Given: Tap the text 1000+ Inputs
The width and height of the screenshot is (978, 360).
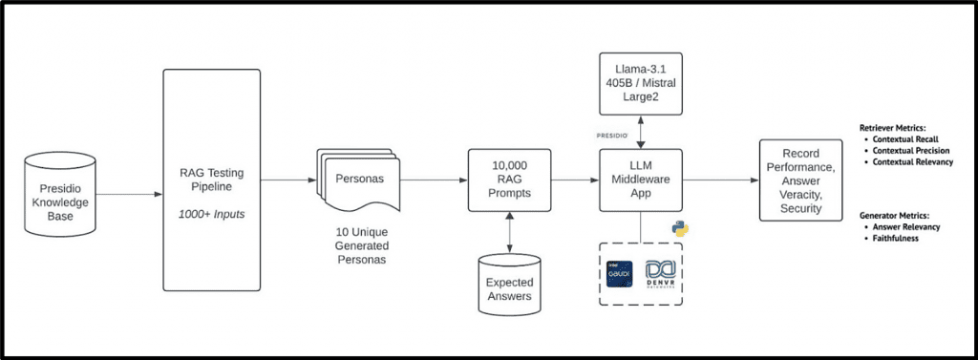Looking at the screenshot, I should click(212, 213).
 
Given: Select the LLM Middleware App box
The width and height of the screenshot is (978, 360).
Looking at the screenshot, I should click(639, 179).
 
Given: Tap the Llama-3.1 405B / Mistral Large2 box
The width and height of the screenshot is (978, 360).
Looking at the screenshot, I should click(639, 80).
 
